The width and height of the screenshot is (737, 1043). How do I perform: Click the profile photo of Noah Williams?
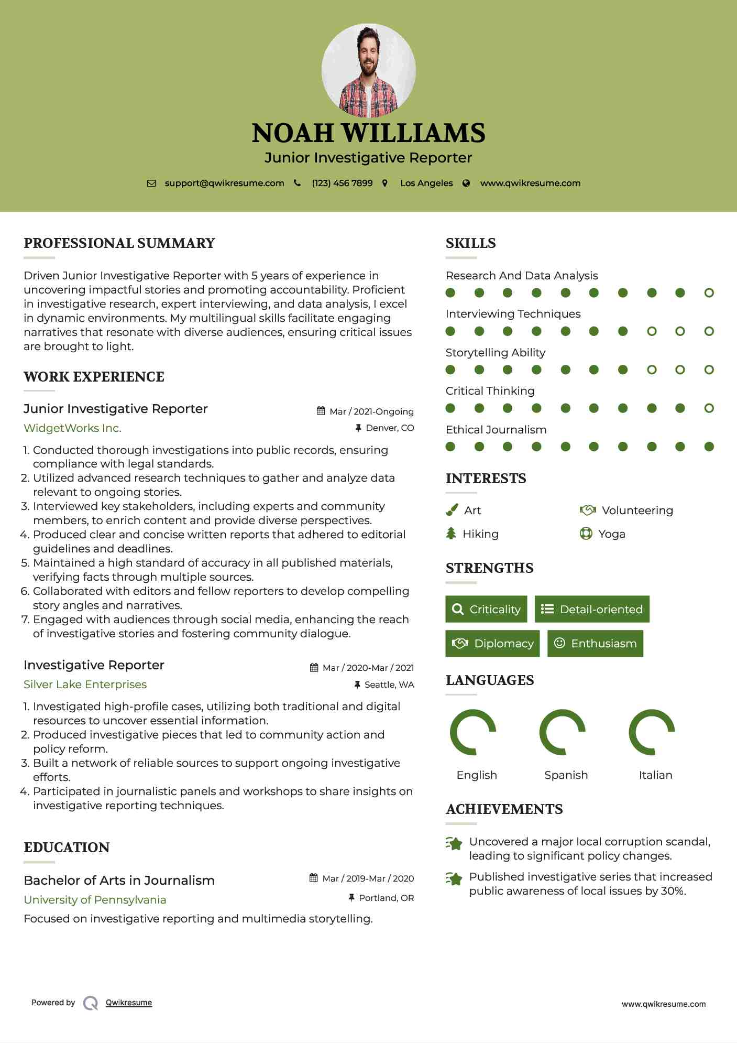tap(368, 70)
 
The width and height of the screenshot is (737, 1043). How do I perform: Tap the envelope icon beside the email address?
tap(151, 183)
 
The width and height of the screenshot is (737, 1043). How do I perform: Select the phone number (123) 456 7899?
tap(342, 183)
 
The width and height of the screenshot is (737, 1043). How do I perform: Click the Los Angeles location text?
tap(426, 183)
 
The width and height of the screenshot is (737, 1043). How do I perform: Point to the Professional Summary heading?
tap(119, 243)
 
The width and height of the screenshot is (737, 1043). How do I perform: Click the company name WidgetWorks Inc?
tap(72, 428)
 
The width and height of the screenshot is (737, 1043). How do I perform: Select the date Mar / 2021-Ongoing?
tap(371, 412)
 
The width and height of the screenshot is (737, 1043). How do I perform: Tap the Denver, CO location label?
tap(389, 428)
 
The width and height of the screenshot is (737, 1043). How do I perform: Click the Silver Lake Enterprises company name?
tap(85, 685)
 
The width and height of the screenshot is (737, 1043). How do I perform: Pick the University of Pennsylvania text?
tap(95, 900)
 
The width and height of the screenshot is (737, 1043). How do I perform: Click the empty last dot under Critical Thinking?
tap(709, 408)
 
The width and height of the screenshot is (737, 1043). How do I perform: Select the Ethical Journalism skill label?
tap(496, 430)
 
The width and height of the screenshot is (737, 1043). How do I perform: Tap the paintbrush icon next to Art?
tap(452, 510)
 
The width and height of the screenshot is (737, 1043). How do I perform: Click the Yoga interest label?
tap(611, 534)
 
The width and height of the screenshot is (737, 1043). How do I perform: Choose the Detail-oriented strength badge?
tap(592, 609)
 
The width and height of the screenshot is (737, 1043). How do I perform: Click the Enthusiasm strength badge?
tap(595, 644)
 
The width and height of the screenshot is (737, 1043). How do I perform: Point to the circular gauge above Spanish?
tap(562, 732)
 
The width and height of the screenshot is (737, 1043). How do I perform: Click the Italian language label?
tap(655, 775)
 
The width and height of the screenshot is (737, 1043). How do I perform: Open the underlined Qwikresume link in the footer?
tap(129, 1003)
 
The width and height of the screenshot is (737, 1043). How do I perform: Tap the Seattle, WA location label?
tap(389, 685)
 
